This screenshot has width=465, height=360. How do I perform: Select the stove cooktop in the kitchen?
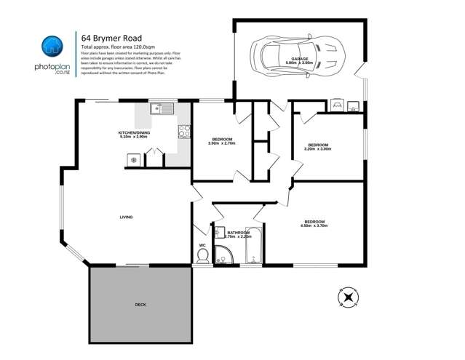pos(184,132)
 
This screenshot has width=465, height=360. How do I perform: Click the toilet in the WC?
pos(203,256)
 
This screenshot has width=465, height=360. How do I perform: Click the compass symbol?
pos(349,297)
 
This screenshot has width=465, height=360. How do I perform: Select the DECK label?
pos(140,304)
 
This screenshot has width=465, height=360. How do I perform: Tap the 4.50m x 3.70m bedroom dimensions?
pos(315,226)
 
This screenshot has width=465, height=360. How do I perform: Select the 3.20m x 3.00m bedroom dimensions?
pos(317,150)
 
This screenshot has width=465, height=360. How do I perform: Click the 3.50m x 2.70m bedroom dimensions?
pos(222,143)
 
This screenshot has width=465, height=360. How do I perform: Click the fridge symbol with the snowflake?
pos(133,159)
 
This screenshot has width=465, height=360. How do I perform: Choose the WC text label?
pos(202,245)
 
